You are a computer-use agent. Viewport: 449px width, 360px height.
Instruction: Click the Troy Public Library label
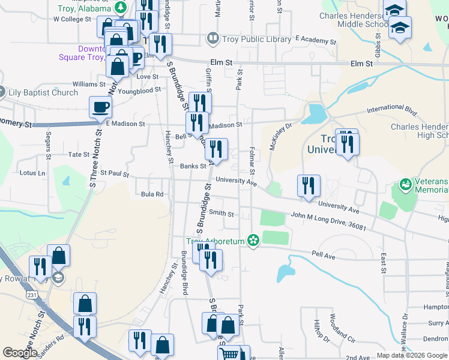[258, 40]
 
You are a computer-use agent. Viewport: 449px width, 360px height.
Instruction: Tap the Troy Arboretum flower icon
[253, 241]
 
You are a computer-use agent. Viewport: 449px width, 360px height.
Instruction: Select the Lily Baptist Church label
[43, 92]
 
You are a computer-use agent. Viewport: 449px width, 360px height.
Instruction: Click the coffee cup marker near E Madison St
[100, 108]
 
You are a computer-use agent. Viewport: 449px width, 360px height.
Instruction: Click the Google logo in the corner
[20, 353]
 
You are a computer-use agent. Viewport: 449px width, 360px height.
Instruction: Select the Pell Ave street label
[322, 254]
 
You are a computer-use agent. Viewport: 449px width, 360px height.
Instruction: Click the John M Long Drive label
[328, 220]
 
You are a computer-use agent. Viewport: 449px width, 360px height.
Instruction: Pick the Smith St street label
[221, 213]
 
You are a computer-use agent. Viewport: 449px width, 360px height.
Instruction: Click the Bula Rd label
[152, 194]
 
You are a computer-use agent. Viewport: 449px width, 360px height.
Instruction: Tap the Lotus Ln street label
[32, 173]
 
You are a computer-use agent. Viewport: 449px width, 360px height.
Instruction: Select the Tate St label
[79, 154]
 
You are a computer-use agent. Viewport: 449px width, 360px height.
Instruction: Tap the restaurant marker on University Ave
[309, 187]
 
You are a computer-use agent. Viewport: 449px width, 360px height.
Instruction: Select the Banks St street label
[193, 166]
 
